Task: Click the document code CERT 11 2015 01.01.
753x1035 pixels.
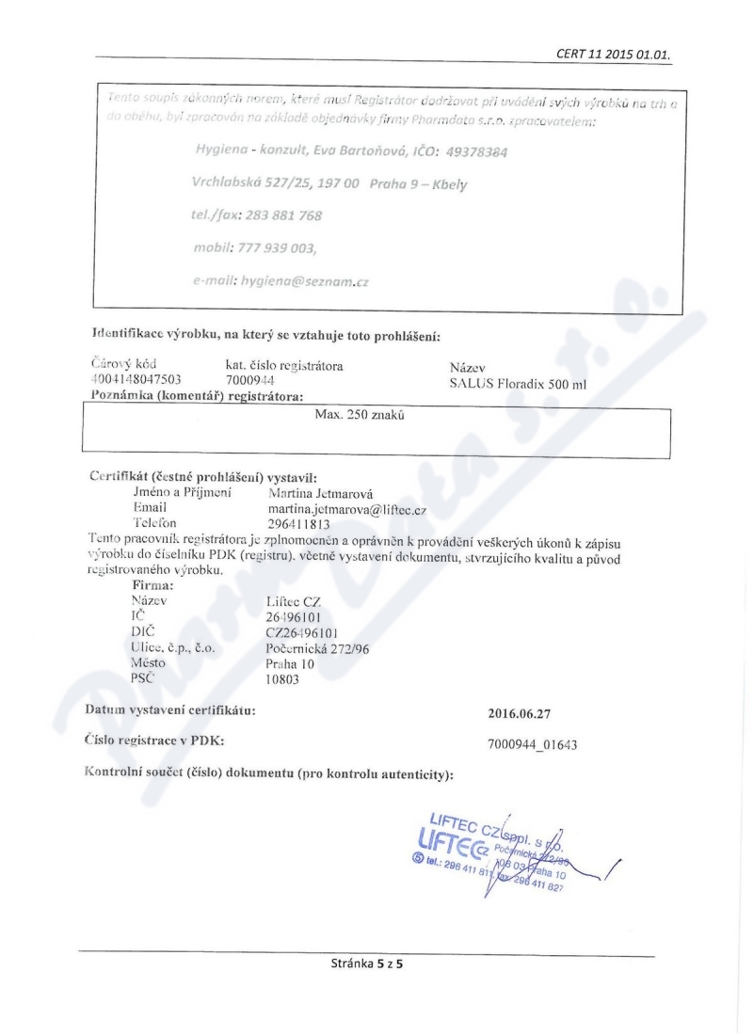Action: pos(617,53)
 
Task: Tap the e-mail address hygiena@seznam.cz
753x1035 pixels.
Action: pos(282,279)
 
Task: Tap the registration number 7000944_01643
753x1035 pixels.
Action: pos(533,744)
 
